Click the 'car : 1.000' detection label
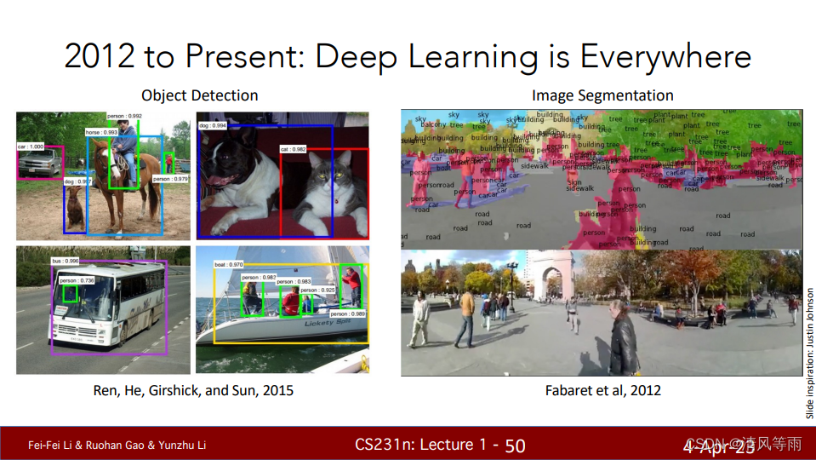coord(31,147)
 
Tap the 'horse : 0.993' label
coord(101,133)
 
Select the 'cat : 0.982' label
coord(293,149)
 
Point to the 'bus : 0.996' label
coord(65,261)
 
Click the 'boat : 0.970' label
coord(228,265)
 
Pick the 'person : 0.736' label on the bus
coord(77,280)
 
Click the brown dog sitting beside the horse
coord(76,207)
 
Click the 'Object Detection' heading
coord(199,95)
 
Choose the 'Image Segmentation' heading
coord(602,95)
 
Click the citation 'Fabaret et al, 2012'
coord(602,390)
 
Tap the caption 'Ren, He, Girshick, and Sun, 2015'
coord(193,390)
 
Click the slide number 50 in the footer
coord(515,445)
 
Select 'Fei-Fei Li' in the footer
coord(49,445)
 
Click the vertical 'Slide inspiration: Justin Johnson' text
coord(809,353)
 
